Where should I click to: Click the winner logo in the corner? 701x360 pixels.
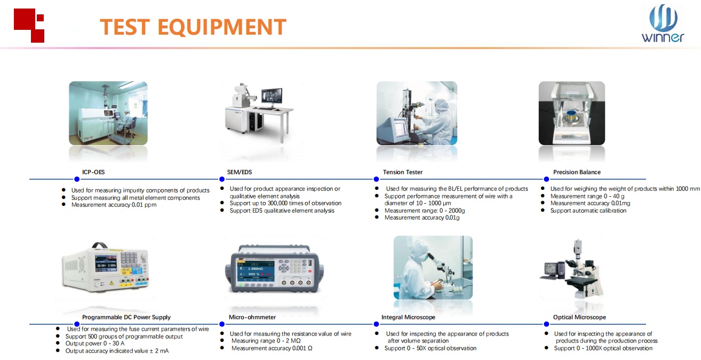pos(663,23)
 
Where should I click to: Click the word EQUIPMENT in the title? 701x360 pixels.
pos(222,27)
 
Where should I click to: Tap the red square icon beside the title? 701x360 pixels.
pos(29,26)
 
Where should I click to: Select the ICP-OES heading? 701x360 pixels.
pos(93,172)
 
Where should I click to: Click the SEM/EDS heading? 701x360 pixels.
pos(240,172)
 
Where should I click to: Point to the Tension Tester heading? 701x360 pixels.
pos(402,172)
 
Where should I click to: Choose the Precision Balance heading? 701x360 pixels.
pos(577,172)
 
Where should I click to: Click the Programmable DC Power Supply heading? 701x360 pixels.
pos(126,317)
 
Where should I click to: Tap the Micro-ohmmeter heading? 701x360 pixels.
pos(252,317)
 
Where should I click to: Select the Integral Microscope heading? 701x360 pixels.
pos(408,317)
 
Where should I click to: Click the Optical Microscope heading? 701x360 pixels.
pos(579,317)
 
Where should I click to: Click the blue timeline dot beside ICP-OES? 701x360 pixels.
pos(77,179)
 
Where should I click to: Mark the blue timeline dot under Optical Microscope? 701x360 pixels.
pos(546,324)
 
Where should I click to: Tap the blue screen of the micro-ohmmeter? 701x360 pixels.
pos(256,271)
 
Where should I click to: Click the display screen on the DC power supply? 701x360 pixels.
pos(106,263)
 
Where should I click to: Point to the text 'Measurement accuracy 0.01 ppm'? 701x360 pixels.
pos(114,205)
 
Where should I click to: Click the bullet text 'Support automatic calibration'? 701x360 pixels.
pos(588,211)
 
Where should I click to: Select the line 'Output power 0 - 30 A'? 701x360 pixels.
pos(95,343)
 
